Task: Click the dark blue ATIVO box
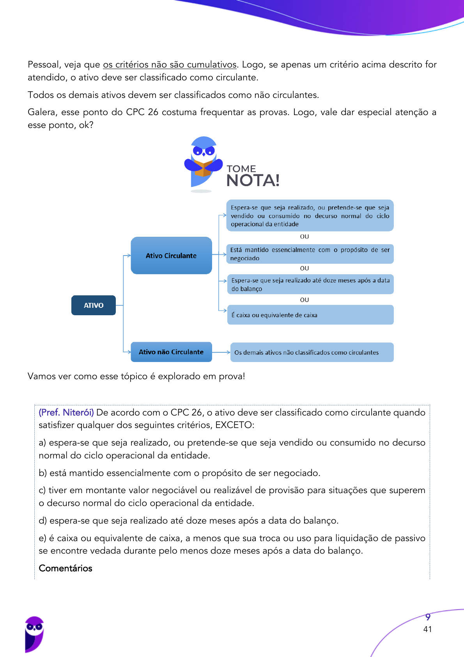click(x=94, y=305)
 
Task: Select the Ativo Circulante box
click(x=171, y=256)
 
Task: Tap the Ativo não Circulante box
click(x=171, y=352)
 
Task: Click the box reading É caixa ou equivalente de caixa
click(x=310, y=315)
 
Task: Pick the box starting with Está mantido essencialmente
click(x=310, y=254)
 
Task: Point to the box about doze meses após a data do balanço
click(x=310, y=284)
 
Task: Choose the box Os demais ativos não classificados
click(x=312, y=352)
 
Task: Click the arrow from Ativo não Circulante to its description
click(x=221, y=352)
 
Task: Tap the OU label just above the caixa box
click(x=305, y=300)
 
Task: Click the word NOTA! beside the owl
click(x=253, y=181)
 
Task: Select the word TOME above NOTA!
click(x=241, y=169)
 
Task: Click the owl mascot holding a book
click(x=203, y=163)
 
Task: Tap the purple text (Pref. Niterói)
click(x=66, y=412)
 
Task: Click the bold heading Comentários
click(x=66, y=568)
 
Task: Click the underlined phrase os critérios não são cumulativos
click(x=170, y=65)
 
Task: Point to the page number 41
click(x=427, y=629)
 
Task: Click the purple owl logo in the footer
click(x=34, y=634)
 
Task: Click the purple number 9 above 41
click(x=428, y=617)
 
